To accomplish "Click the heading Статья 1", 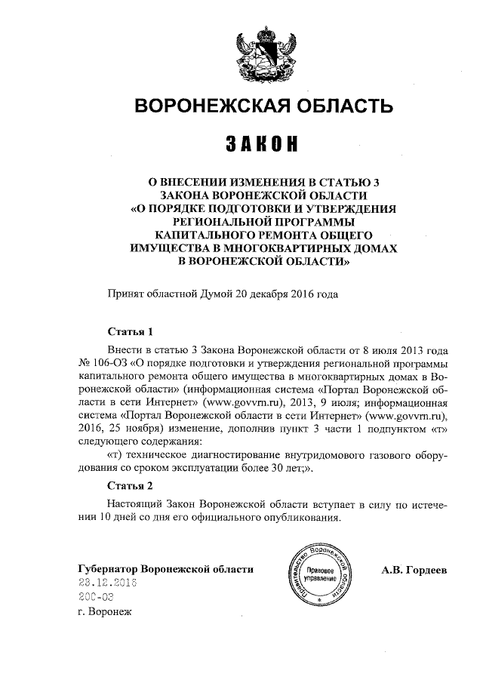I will coord(131,332).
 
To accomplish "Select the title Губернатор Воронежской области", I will coord(165,569).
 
